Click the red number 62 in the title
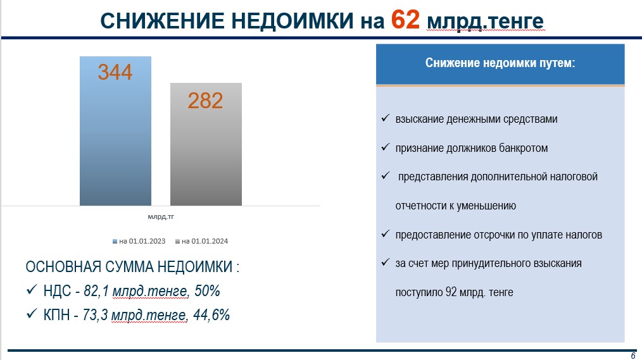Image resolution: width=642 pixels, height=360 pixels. (x=405, y=19)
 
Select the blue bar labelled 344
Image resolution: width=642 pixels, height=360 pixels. (x=115, y=131)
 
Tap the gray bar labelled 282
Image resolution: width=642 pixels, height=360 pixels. (x=206, y=144)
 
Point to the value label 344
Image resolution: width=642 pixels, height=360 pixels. (x=115, y=72)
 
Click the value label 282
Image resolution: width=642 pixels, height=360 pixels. (x=205, y=101)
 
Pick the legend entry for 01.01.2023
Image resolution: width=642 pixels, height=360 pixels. (x=139, y=241)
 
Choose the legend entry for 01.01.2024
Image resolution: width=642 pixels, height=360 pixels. (x=201, y=241)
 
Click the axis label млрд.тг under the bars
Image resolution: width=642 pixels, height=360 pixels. (x=161, y=217)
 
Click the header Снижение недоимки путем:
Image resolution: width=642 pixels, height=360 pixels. (x=500, y=63)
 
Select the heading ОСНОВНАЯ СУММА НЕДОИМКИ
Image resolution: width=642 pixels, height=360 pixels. (x=129, y=267)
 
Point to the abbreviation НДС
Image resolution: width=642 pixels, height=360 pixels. (x=58, y=291)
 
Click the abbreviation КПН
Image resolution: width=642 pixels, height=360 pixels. (x=56, y=315)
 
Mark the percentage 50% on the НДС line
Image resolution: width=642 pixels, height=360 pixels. (x=207, y=291)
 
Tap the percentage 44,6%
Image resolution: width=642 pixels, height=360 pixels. (x=211, y=315)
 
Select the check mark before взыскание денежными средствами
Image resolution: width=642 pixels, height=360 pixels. (x=386, y=118)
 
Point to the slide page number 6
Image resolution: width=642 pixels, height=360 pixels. (x=633, y=356)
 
